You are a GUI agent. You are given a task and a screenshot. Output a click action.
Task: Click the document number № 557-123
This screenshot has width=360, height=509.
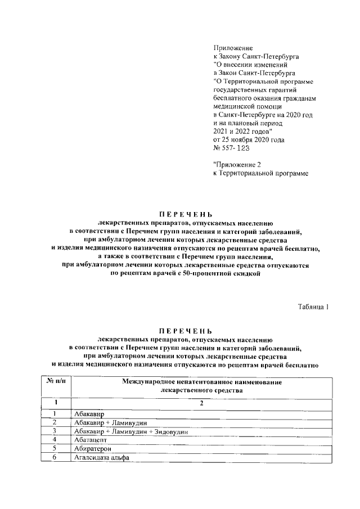(231, 148)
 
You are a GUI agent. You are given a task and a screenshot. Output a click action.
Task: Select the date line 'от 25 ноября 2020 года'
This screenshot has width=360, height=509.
(249, 139)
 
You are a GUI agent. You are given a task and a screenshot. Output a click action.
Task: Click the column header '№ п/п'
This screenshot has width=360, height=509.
(55, 382)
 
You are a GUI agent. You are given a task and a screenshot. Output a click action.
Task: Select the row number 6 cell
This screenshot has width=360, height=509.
(55, 458)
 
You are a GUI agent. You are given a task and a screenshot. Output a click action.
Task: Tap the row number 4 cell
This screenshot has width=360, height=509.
(55, 440)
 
